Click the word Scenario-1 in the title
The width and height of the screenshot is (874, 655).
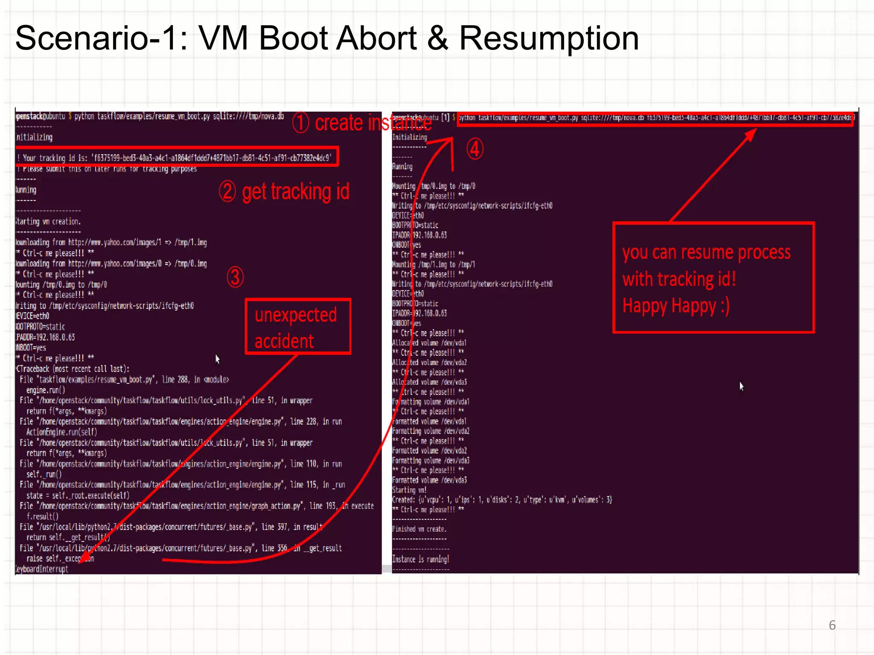101,38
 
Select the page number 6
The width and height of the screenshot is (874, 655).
832,625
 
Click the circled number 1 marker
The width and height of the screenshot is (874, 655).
300,122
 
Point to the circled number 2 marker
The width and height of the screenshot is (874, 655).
227,191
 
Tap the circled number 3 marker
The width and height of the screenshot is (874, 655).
235,277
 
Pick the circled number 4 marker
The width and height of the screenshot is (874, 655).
475,149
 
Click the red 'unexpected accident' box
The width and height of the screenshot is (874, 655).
297,327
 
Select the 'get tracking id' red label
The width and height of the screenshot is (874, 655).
295,191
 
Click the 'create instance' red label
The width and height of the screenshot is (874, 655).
373,123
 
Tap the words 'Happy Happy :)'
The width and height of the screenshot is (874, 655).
676,306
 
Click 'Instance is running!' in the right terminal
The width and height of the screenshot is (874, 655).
420,559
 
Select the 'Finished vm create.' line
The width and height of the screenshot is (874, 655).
419,529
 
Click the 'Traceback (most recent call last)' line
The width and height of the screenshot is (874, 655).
73,369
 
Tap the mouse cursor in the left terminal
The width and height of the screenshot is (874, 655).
217,359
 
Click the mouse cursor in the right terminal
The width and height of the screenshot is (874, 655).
741,386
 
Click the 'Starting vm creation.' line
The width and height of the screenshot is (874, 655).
48,221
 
